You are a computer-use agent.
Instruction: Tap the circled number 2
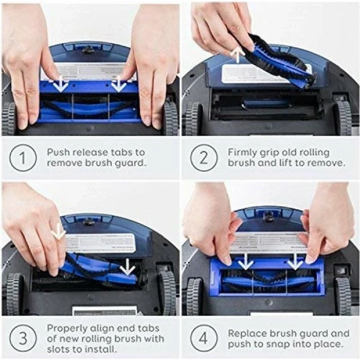[204, 158]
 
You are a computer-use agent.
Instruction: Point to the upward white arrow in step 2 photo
[237, 53]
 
